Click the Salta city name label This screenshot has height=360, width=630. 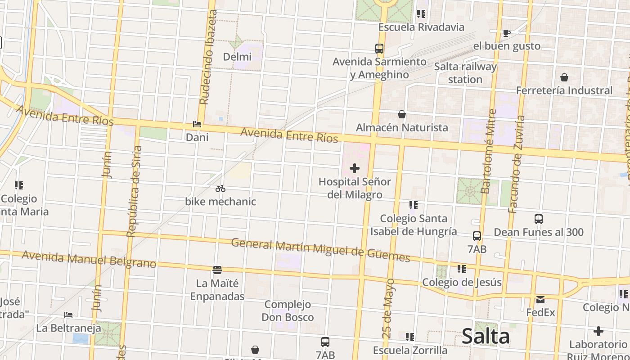point(486,337)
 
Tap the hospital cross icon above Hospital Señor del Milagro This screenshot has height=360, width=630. point(355,168)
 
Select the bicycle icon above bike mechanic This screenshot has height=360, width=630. point(220,189)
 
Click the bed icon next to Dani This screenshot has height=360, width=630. point(197,124)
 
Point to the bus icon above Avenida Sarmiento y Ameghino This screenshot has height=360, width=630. point(379,48)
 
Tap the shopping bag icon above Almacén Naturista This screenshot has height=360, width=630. point(401,114)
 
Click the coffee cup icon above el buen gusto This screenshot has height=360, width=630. point(506,33)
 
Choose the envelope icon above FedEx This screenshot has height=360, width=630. point(540,299)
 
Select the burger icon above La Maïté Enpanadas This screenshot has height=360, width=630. point(217,270)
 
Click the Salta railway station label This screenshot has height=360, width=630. point(465,73)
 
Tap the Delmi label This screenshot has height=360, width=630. point(237,57)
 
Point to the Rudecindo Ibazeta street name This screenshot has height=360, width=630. point(208,57)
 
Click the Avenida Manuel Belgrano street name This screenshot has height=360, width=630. point(89,259)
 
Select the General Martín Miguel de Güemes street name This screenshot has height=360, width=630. point(320,250)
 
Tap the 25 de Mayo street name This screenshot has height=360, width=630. point(390,308)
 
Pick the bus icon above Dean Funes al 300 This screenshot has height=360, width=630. point(539,219)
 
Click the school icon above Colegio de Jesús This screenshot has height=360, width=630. point(461,269)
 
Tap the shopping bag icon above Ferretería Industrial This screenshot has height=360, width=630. point(564,77)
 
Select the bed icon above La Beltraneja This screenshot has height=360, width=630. point(68,315)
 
